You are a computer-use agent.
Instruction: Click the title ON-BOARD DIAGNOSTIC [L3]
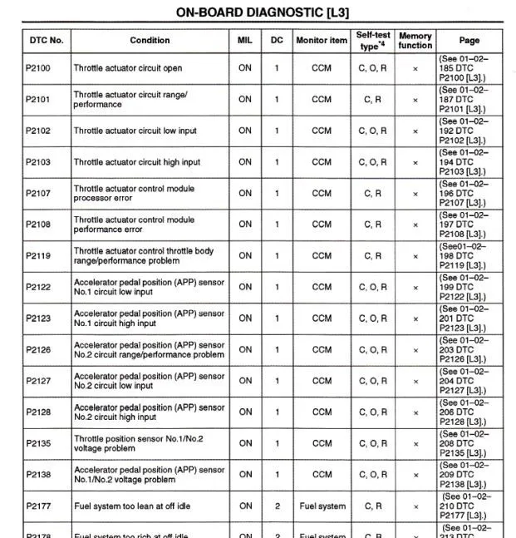click(262, 12)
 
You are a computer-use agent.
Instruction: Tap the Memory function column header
click(415, 40)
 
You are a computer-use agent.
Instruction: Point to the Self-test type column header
click(373, 40)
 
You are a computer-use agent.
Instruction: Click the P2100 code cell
click(38, 68)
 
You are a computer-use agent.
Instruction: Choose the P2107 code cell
click(38, 193)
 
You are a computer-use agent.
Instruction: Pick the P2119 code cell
click(38, 255)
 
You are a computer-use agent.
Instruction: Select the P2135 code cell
click(38, 443)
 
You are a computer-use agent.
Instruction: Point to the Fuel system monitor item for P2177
click(322, 506)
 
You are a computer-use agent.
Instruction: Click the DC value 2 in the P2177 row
click(277, 506)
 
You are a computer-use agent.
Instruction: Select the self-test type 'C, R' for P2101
click(373, 99)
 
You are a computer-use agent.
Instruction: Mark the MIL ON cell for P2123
click(245, 318)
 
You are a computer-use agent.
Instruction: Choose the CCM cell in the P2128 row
click(322, 412)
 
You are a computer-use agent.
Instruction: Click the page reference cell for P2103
click(463, 161)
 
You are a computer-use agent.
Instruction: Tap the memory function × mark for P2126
click(415, 349)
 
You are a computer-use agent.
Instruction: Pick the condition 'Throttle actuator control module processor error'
click(134, 193)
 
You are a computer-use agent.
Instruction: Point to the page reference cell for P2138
click(463, 474)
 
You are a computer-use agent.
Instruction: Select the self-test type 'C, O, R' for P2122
click(373, 287)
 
